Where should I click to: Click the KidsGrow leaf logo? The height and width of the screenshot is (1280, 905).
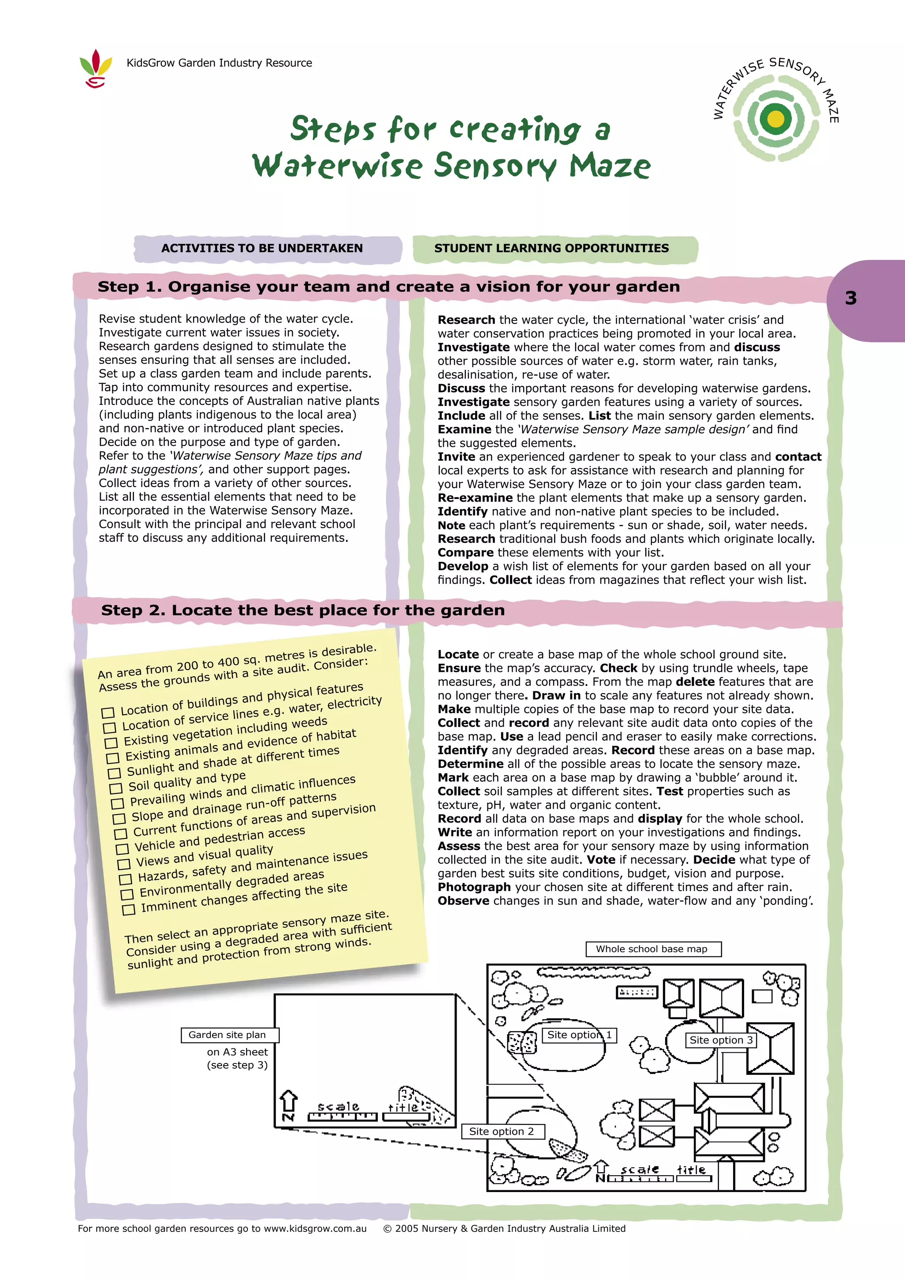pyautogui.click(x=96, y=68)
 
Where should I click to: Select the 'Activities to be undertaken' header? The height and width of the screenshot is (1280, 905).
pyautogui.click(x=262, y=249)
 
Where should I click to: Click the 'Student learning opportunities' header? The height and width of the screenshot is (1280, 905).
pyautogui.click(x=551, y=249)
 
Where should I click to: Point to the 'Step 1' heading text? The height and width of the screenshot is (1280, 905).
pyautogui.click(x=388, y=287)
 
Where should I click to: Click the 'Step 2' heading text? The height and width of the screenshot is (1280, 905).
pyautogui.click(x=303, y=610)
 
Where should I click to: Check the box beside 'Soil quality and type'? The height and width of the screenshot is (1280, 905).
pyautogui.click(x=115, y=789)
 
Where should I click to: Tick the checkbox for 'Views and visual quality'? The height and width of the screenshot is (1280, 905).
pyautogui.click(x=123, y=865)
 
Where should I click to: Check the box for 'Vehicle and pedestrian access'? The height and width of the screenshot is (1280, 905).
pyautogui.click(x=122, y=850)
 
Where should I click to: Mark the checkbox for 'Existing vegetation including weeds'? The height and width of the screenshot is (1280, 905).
pyautogui.click(x=111, y=743)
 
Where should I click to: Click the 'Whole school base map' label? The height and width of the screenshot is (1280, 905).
pyautogui.click(x=653, y=949)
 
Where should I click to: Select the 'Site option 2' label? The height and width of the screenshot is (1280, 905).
pyautogui.click(x=502, y=1131)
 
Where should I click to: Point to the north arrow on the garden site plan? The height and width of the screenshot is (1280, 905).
pyautogui.click(x=288, y=1105)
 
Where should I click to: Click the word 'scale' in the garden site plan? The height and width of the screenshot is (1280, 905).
pyautogui.click(x=338, y=1107)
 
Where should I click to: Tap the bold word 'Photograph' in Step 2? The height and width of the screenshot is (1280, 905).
pyautogui.click(x=474, y=888)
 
